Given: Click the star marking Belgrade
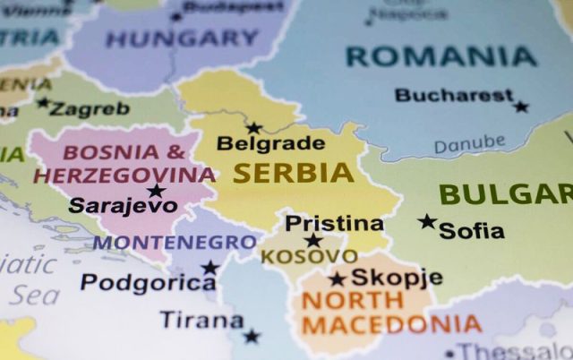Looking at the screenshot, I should coord(254,128).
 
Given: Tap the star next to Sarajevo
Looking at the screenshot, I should coord(156,190).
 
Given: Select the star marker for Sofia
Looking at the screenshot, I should coord(427,221).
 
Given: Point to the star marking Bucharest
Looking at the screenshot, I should coord(521,106).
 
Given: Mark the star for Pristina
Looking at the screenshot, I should coord(312,240).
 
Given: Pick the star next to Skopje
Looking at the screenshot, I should coord(337,279).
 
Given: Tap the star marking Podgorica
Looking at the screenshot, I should coord(210,267).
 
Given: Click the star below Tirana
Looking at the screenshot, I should coord(252,337).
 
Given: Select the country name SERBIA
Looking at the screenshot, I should coord(293,173).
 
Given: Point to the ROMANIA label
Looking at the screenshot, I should coord(441,56).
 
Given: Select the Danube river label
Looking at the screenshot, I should coord(469,143).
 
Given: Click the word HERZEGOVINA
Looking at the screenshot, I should coord(124,175).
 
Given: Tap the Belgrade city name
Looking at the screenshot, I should coord(270,142).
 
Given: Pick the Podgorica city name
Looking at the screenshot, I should coord(148,282).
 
